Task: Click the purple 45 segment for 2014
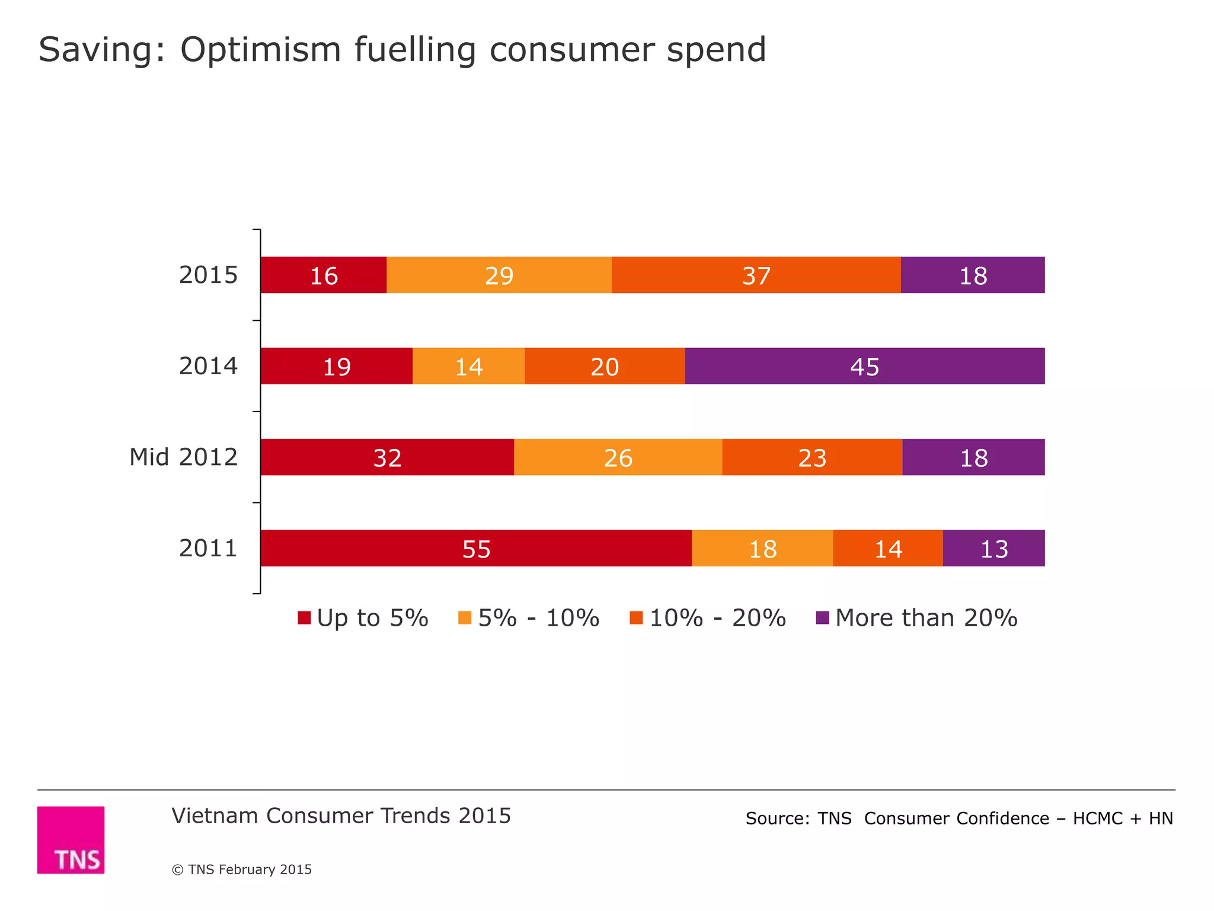(864, 366)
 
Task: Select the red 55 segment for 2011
(476, 548)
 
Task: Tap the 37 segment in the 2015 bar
(756, 275)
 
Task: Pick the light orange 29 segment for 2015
(499, 275)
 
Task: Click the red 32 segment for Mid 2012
(387, 457)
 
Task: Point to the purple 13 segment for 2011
(993, 548)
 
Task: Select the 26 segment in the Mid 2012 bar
(618, 457)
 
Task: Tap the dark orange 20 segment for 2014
(604, 366)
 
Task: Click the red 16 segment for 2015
(324, 275)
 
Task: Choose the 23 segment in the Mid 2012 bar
(812, 457)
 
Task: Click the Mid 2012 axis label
(183, 457)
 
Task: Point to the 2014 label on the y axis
(208, 366)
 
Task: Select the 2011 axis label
(208, 548)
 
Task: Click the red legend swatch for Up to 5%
(304, 618)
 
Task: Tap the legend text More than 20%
(926, 618)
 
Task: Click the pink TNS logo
(71, 839)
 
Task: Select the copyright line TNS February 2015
(242, 869)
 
